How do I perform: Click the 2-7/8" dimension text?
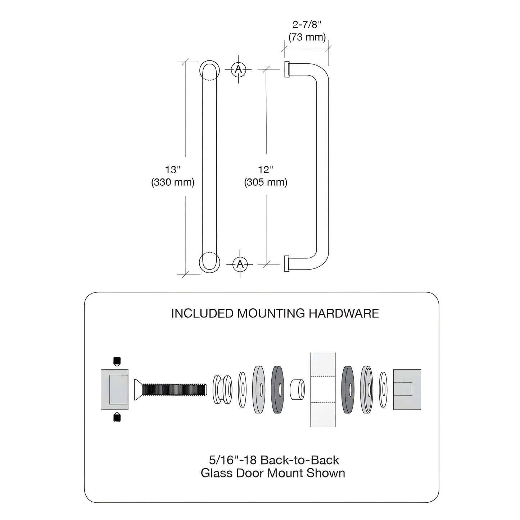pyautogui.click(x=307, y=24)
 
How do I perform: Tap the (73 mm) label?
pyautogui.click(x=307, y=37)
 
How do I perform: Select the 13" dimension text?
pyautogui.click(x=172, y=169)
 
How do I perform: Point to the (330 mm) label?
pyautogui.click(x=172, y=182)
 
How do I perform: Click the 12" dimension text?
pyautogui.click(x=266, y=169)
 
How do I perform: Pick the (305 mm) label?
pyautogui.click(x=266, y=182)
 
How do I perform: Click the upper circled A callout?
pyautogui.click(x=238, y=69)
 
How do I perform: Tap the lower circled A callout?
pyautogui.click(x=240, y=264)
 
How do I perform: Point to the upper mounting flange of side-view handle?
pyautogui.click(x=287, y=69)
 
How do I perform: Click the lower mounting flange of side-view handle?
pyautogui.click(x=287, y=263)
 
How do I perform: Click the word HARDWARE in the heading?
pyautogui.click(x=344, y=313)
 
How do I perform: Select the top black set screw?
pyautogui.click(x=117, y=361)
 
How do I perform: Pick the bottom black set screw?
pyautogui.click(x=117, y=417)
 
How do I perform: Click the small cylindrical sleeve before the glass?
pyautogui.click(x=297, y=389)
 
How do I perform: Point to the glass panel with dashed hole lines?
pyautogui.click(x=323, y=389)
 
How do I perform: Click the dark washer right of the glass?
pyautogui.click(x=347, y=389)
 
